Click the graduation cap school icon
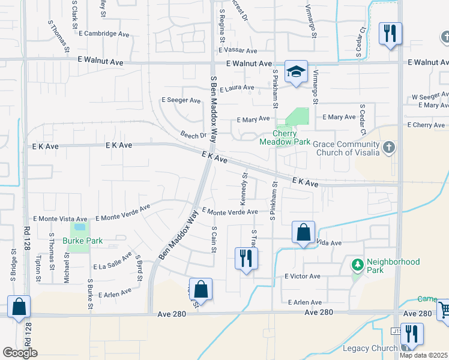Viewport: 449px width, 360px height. [296, 72]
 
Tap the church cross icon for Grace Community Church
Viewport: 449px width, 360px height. [389, 147]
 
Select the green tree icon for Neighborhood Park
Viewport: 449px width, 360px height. [357, 264]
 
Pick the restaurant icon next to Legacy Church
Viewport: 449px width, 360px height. [411, 334]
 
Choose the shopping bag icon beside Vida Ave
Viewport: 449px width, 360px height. [304, 232]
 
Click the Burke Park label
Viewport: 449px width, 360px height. [83, 241]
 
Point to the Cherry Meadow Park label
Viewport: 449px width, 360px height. [285, 137]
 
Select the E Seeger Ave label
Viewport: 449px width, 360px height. [181, 100]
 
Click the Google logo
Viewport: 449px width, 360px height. [20, 353]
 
